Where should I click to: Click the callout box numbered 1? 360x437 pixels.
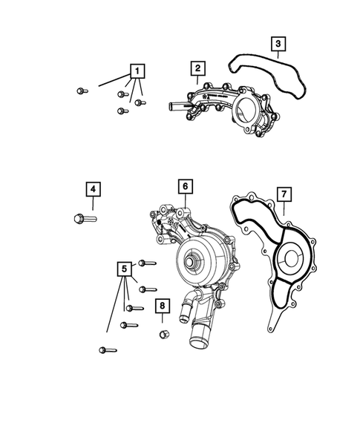coord(137,71)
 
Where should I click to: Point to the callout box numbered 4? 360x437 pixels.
coord(92,191)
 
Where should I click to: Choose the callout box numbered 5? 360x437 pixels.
coord(125,269)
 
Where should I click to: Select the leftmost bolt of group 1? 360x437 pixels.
coord(81,91)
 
